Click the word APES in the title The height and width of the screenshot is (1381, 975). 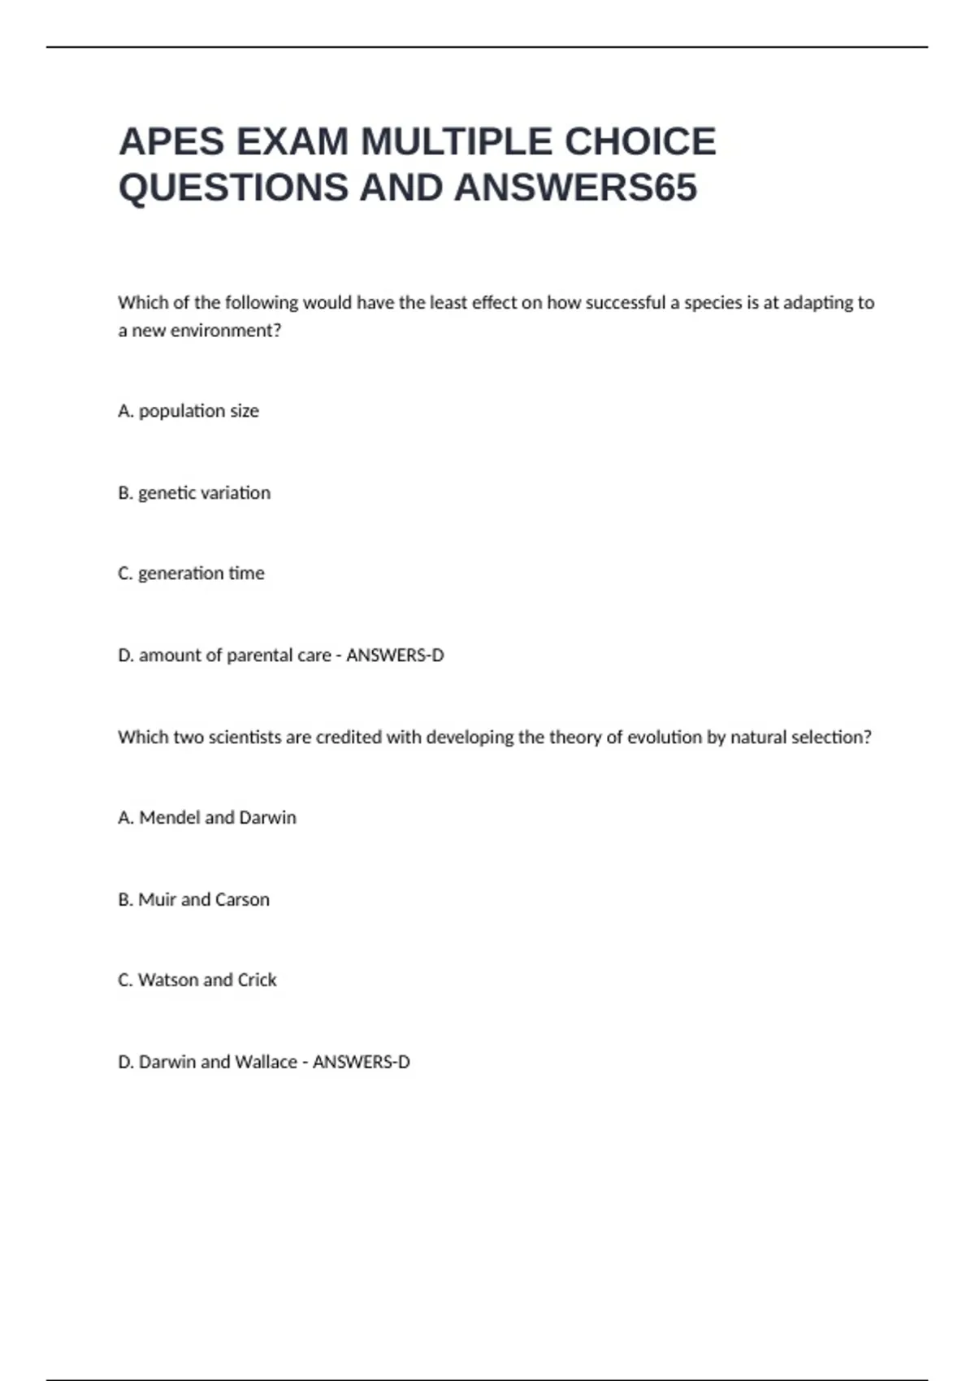pyautogui.click(x=171, y=141)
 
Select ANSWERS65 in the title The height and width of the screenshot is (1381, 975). pyautogui.click(x=575, y=188)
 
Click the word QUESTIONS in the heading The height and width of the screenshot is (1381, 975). pyautogui.click(x=233, y=188)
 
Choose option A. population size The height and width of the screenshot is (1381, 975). pyautogui.click(x=188, y=411)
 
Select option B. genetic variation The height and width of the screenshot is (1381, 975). pyautogui.click(x=194, y=493)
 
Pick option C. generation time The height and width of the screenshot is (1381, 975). pyautogui.click(x=191, y=574)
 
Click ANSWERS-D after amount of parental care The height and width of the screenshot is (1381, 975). pyautogui.click(x=395, y=656)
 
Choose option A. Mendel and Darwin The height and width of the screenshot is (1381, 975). pyautogui.click(x=207, y=818)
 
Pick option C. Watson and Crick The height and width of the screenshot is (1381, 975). pyautogui.click(x=197, y=981)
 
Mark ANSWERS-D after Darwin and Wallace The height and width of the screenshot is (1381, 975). pyautogui.click(x=362, y=1063)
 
